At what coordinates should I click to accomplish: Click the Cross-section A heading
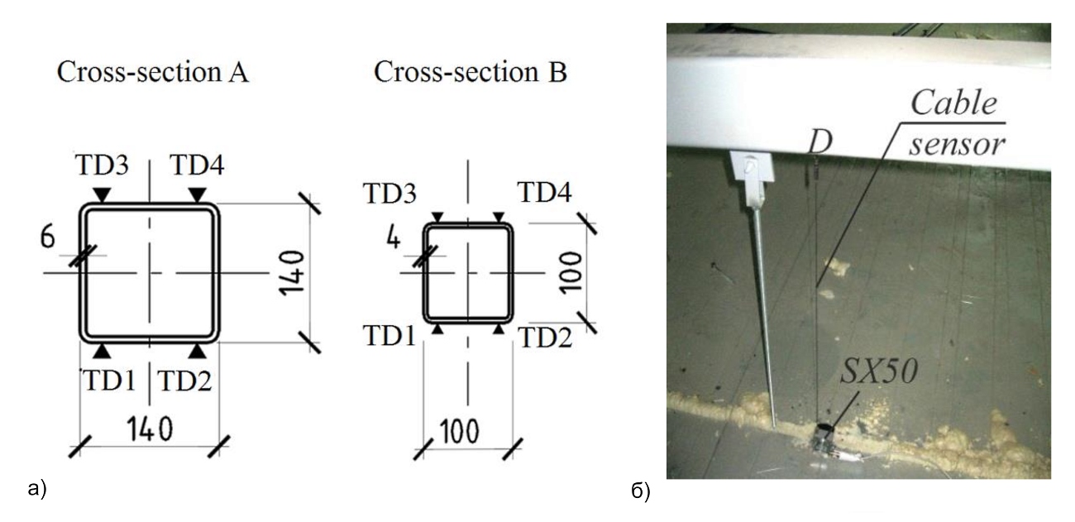pyautogui.click(x=152, y=73)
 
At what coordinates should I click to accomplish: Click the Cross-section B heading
pyautogui.click(x=471, y=73)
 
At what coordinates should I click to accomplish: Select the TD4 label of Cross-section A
pyautogui.click(x=197, y=165)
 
